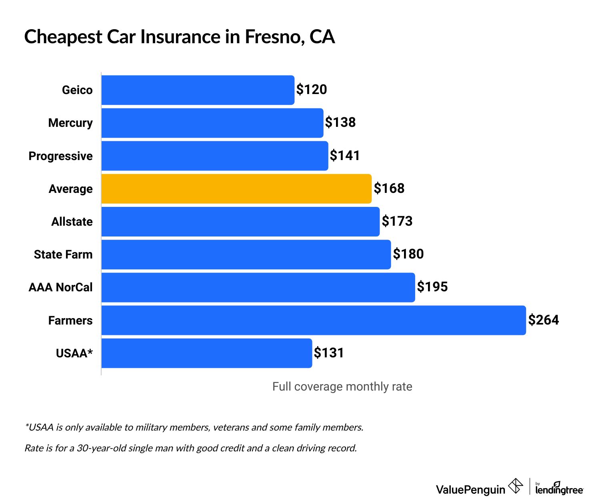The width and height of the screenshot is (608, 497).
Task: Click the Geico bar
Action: (198, 90)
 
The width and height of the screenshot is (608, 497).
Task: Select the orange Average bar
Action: (236, 188)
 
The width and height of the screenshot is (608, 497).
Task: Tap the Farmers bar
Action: (313, 320)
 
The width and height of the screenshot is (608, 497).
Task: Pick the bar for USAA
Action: (206, 353)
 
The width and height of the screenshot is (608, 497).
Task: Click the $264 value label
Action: (543, 320)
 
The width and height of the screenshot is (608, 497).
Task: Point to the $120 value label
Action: (311, 89)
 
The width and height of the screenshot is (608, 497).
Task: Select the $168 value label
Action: (389, 188)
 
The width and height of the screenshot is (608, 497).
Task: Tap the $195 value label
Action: (432, 287)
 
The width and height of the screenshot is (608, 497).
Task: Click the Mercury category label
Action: (70, 123)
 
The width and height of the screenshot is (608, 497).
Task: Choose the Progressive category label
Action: (60, 156)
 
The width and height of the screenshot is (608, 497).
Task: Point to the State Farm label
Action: (63, 255)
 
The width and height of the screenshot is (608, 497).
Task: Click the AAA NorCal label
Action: (60, 287)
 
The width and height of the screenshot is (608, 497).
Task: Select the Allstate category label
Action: (72, 222)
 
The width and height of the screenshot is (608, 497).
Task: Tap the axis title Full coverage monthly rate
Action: (342, 387)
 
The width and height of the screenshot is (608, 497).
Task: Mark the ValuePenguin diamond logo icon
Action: (515, 486)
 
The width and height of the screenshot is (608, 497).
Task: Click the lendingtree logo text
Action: (559, 489)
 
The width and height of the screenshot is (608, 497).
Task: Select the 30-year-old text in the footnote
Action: (99, 448)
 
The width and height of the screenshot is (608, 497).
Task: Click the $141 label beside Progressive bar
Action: (344, 155)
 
